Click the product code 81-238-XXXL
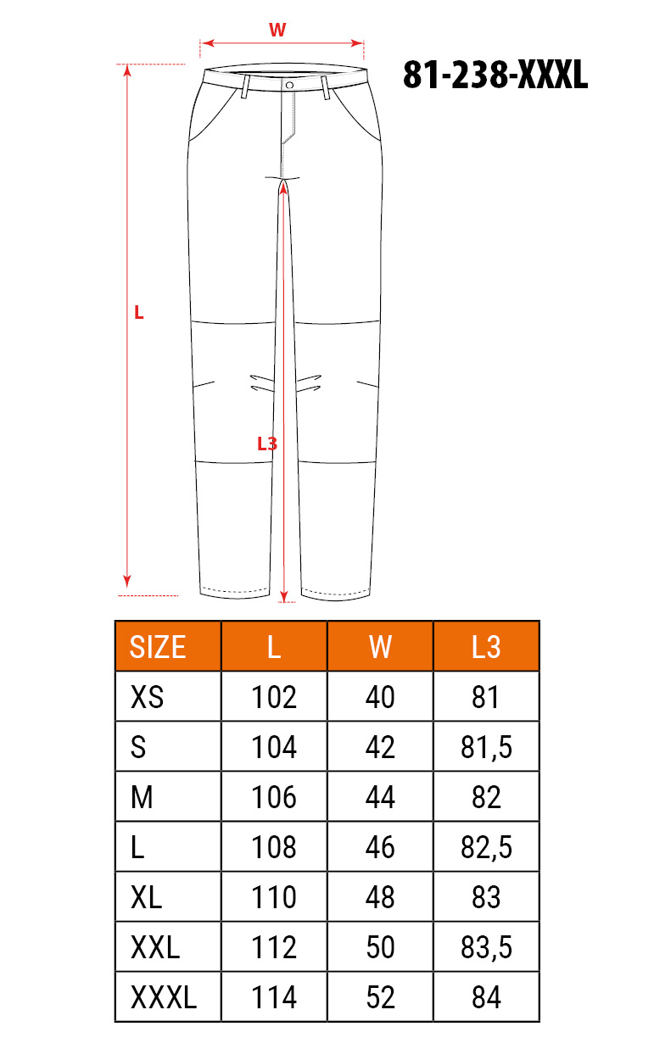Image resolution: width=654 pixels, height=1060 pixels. click(x=495, y=75)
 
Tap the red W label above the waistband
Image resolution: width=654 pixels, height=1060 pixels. click(x=277, y=30)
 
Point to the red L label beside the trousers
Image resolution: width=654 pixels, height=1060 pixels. click(x=138, y=312)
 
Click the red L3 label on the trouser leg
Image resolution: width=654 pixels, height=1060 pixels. click(x=267, y=444)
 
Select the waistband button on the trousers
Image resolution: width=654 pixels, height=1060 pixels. click(x=289, y=85)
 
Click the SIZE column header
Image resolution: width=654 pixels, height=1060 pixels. click(x=158, y=647)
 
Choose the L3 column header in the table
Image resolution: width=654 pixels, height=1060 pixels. click(x=486, y=647)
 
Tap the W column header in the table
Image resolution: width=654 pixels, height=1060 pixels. click(x=380, y=647)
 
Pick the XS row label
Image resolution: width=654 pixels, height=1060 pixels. click(x=147, y=697)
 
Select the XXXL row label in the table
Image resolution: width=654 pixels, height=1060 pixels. click(x=163, y=997)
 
